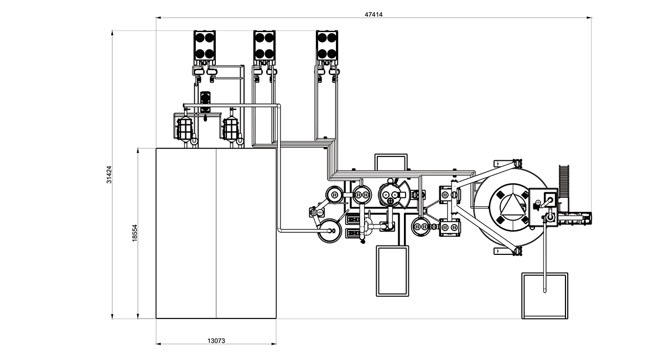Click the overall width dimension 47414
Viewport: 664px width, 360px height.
coord(373,15)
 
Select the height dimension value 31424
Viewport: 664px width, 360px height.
coord(109,174)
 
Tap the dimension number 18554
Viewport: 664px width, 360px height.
coord(134,232)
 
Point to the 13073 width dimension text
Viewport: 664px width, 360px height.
coord(216,341)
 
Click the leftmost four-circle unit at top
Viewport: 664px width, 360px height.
coord(204,46)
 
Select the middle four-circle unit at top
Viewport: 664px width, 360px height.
coord(264,46)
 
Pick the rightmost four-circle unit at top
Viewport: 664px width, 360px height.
coord(326,46)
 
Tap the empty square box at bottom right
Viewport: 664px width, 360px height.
coord(545,296)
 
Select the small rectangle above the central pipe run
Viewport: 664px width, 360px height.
coord(391,163)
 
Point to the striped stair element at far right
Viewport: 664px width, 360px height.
coord(564,179)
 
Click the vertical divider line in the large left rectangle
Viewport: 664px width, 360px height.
coord(216,232)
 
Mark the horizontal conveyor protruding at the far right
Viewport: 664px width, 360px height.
coord(575,218)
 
